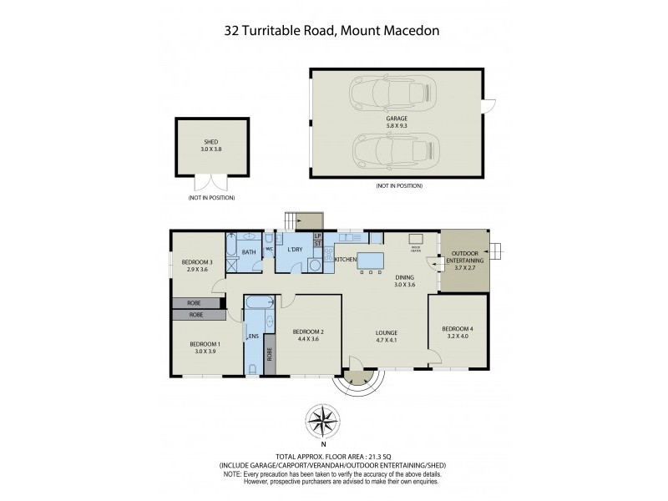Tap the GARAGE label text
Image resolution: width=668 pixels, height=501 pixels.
397,119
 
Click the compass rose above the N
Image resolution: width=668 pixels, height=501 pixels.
324,417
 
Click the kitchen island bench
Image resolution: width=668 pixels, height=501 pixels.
370,260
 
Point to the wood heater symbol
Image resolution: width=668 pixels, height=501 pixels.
415,248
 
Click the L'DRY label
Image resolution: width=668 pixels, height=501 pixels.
294,250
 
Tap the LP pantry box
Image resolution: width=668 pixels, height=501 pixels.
317,236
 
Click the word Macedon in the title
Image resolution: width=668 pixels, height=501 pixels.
407,32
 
